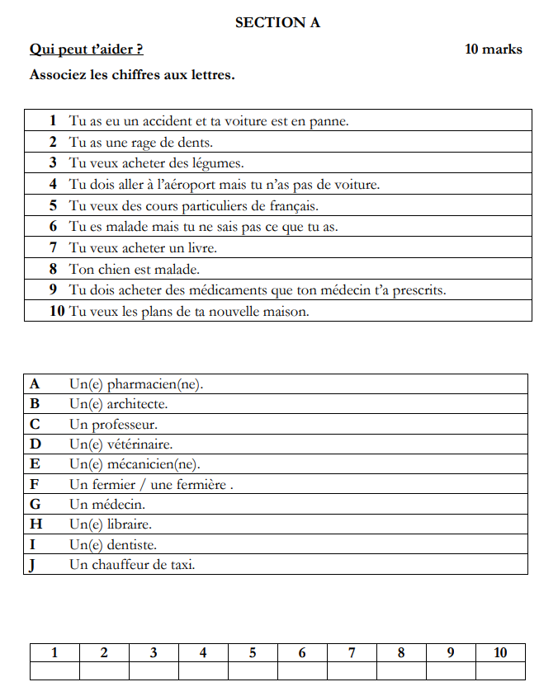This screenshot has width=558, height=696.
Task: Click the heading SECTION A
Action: (277, 23)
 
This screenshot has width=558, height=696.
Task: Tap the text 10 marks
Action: (494, 49)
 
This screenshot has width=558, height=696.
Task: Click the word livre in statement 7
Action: (200, 247)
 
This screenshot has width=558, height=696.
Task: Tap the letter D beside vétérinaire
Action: (35, 445)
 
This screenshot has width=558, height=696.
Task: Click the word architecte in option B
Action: (137, 405)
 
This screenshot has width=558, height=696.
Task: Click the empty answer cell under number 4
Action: (203, 671)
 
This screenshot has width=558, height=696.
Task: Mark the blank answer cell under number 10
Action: (500, 671)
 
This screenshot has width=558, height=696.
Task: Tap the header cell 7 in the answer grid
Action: (352, 653)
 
